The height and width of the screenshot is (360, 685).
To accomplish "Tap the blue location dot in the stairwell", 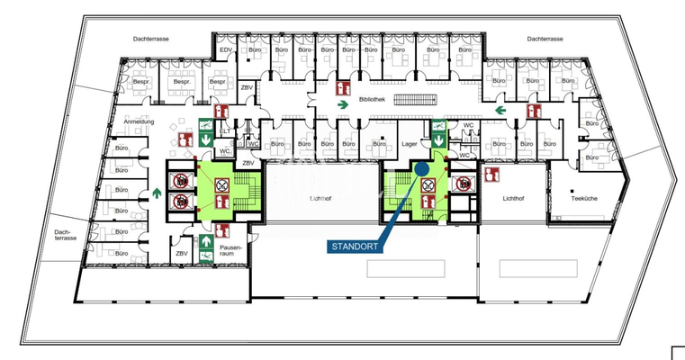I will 421,169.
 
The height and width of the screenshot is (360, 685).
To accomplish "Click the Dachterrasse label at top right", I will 545,39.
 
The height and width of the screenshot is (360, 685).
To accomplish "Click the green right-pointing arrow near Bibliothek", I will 343,104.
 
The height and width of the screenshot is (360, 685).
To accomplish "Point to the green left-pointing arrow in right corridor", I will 509,106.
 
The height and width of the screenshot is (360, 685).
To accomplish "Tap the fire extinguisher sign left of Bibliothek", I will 342,88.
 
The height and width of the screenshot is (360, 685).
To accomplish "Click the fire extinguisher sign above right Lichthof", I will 491,174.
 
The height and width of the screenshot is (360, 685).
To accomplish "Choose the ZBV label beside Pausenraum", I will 182,255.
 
